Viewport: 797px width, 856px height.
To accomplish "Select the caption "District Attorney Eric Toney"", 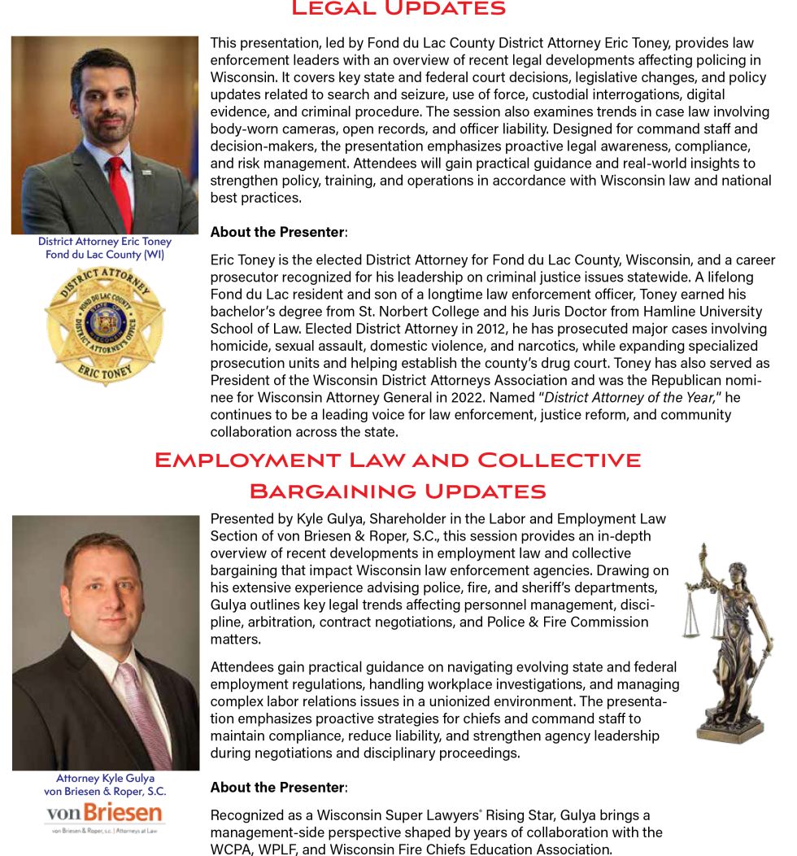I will [105, 242].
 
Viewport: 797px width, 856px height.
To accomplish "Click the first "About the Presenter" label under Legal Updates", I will [277, 233].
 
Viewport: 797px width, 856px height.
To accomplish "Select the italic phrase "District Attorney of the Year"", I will [629, 397].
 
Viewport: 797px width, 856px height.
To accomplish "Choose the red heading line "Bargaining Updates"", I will [398, 491].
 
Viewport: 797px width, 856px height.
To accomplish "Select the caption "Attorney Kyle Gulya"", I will [105, 778].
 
